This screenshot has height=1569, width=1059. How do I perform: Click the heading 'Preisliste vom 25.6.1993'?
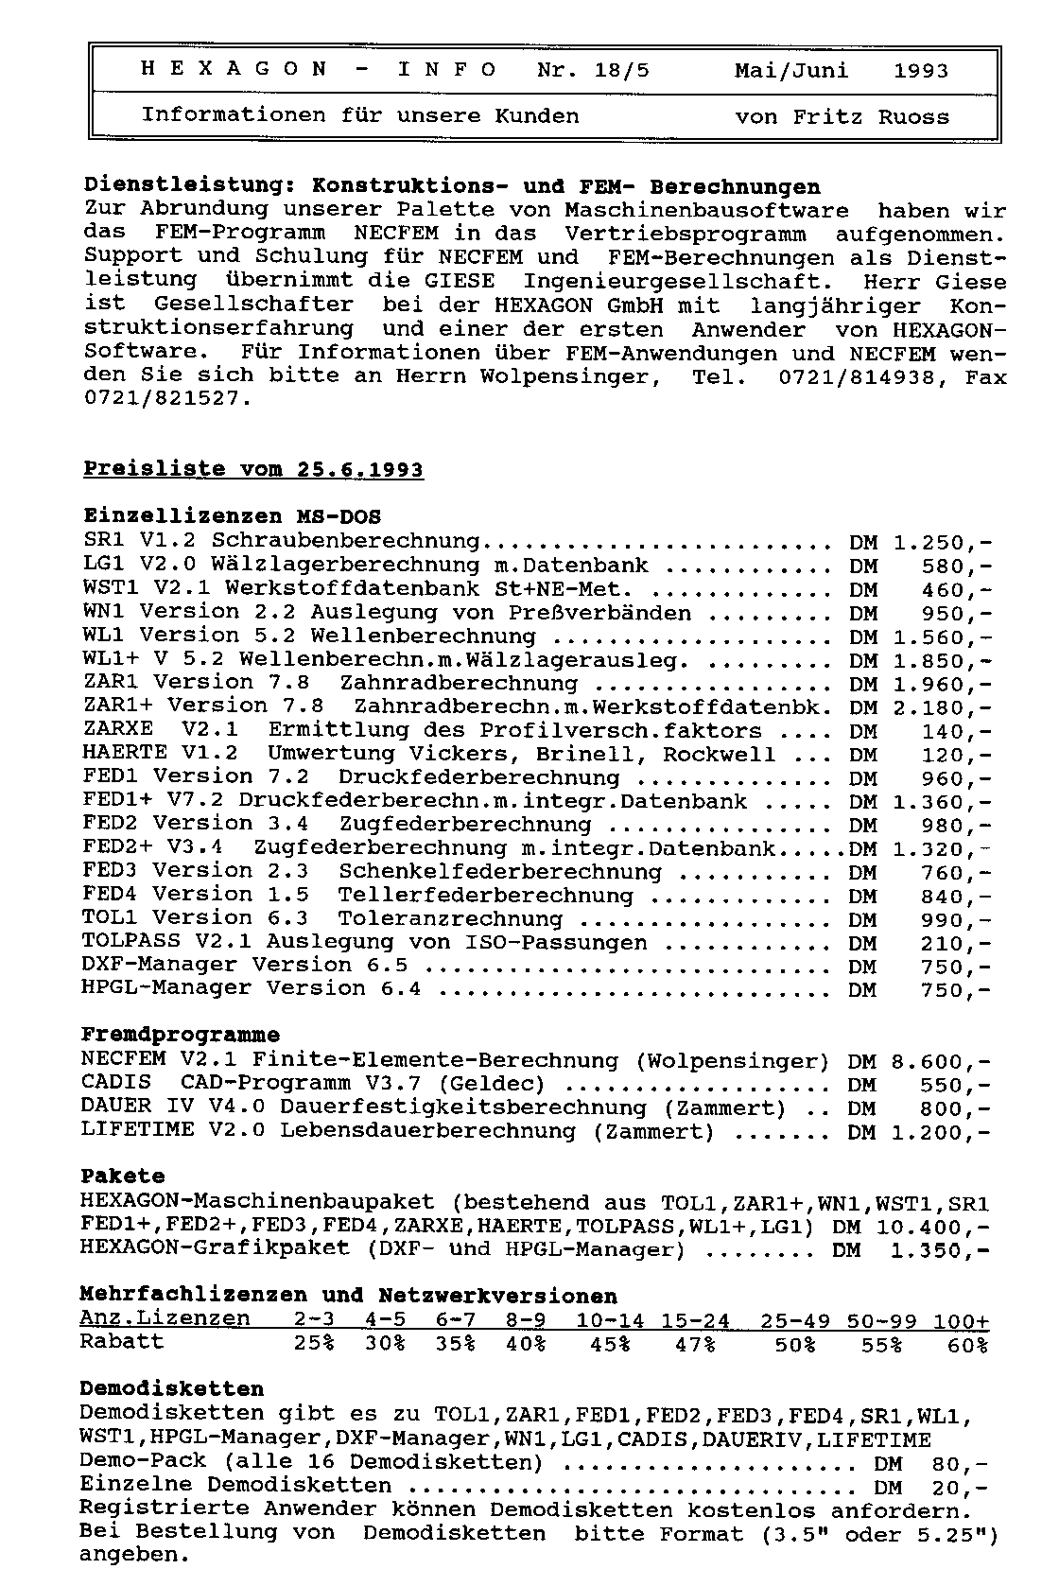point(253,470)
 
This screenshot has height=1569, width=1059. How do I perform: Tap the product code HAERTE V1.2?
point(160,754)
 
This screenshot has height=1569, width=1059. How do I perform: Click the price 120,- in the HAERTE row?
point(956,755)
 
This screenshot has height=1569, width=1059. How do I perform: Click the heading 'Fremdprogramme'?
point(180,1035)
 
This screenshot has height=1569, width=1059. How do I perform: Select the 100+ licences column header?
point(961,1320)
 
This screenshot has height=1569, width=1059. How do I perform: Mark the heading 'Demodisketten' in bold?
point(171,1389)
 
